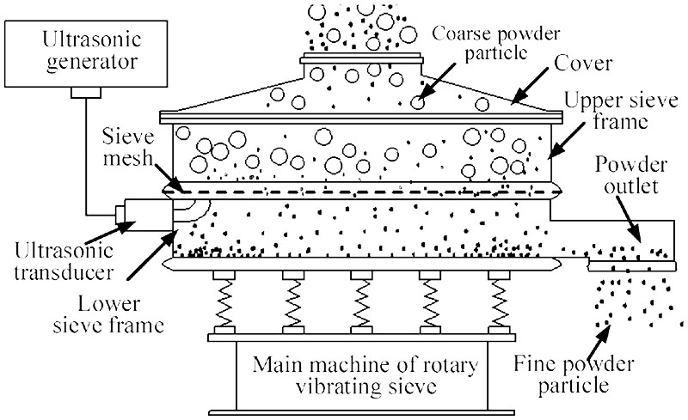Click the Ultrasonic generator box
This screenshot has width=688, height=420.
click(x=86, y=53)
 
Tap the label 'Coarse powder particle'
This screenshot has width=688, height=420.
click(x=496, y=43)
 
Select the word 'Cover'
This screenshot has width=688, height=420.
click(x=583, y=64)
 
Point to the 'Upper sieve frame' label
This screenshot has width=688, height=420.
click(x=621, y=111)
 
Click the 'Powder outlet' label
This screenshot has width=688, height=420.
click(x=631, y=175)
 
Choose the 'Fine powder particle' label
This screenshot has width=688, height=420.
click(x=574, y=374)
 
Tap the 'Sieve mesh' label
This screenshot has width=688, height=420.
click(x=128, y=148)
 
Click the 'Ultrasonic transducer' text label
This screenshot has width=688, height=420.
click(x=64, y=262)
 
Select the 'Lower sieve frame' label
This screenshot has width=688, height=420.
click(x=108, y=314)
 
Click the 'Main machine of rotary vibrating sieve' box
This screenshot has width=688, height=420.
click(x=362, y=375)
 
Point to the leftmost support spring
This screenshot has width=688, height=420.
click(x=224, y=302)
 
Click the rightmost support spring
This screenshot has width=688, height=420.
click(x=500, y=302)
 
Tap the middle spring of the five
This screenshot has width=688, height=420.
click(x=361, y=302)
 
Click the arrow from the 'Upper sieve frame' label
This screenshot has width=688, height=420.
click(x=567, y=141)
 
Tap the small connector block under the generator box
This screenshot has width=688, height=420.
click(x=86, y=93)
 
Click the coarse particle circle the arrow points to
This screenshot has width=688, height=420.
click(x=418, y=102)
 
